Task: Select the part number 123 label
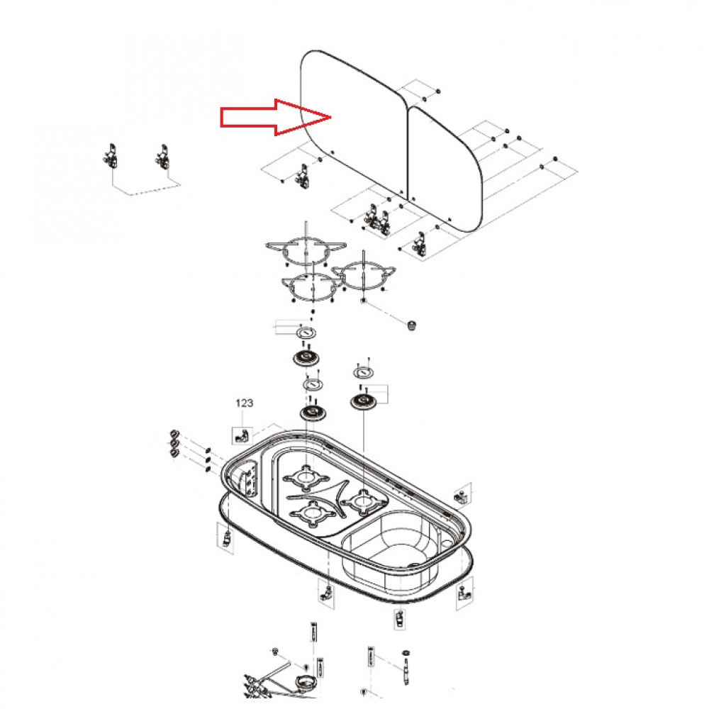click(244, 403)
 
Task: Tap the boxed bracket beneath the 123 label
click(242, 432)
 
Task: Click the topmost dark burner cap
click(306, 357)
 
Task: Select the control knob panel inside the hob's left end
click(248, 483)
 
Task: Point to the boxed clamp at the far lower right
click(464, 590)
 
